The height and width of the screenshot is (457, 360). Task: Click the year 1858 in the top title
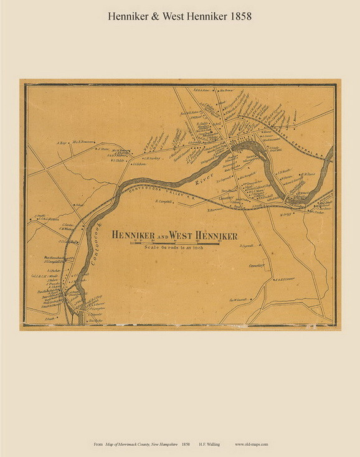tap(239, 17)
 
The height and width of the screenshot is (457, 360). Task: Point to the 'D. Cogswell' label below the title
tap(249, 245)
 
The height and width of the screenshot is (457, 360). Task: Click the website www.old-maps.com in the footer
tap(252, 445)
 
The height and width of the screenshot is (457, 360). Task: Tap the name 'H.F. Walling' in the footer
tap(211, 445)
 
